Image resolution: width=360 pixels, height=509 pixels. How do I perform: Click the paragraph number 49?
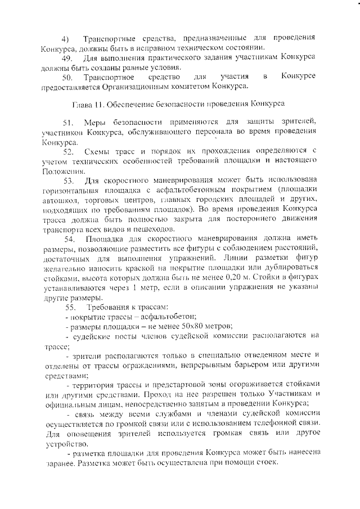pyautogui.click(x=66, y=58)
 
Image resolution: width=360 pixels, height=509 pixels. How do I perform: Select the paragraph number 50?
pyautogui.click(x=67, y=76)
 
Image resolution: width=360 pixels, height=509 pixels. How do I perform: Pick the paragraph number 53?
pyautogui.click(x=69, y=181)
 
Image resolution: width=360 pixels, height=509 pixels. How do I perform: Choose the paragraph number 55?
pyautogui.click(x=71, y=307)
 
